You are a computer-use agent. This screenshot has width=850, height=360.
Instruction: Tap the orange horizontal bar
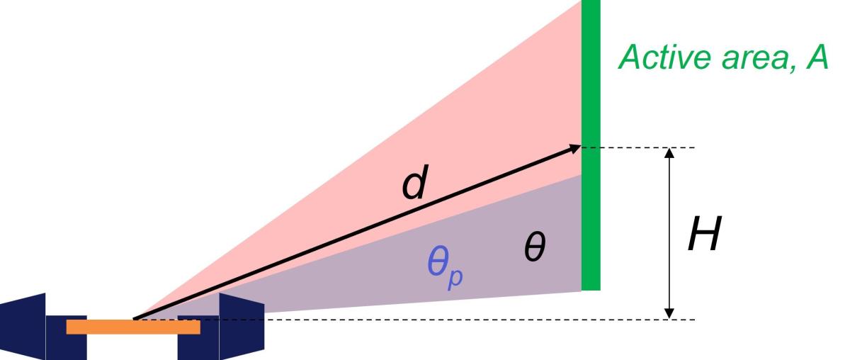click(x=133, y=327)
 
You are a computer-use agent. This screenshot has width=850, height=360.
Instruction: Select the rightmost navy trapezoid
click(x=241, y=326)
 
